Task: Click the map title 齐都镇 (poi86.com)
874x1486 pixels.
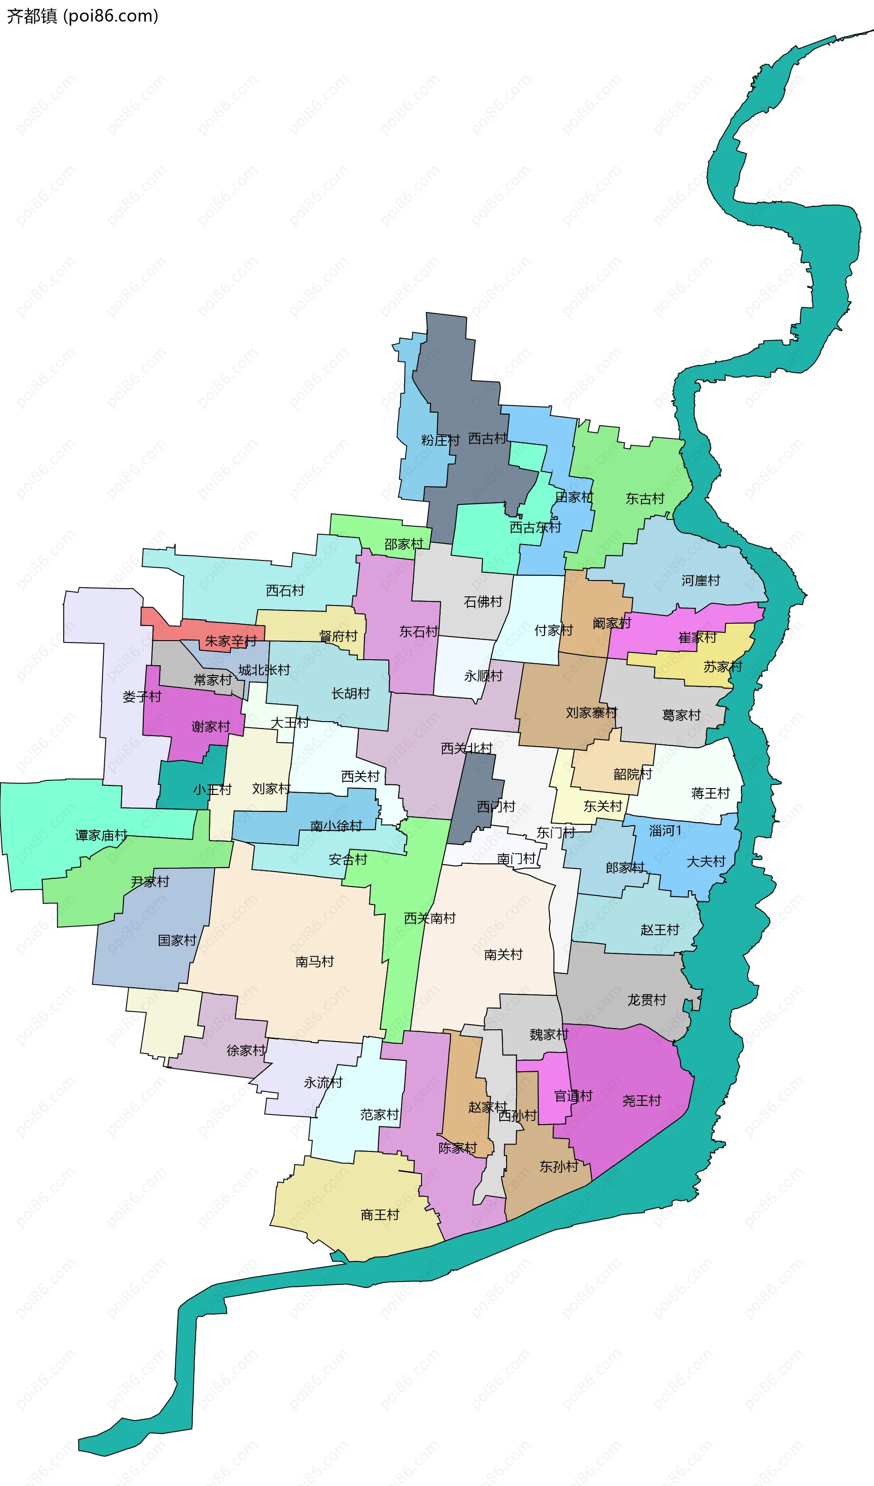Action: point(82,16)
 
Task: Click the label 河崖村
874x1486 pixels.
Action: point(701,581)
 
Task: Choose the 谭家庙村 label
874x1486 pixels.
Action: point(101,835)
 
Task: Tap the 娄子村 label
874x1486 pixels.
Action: point(142,697)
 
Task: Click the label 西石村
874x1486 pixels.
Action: point(285,591)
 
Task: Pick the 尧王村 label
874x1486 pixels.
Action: point(642,1101)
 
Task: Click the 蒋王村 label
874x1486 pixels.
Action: point(710,794)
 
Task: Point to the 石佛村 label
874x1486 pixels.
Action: point(483,602)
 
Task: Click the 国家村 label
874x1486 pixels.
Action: point(177,941)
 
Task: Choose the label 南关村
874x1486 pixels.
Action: point(503,955)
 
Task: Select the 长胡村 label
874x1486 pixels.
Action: point(351,693)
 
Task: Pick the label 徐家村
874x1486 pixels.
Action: point(246,1051)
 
